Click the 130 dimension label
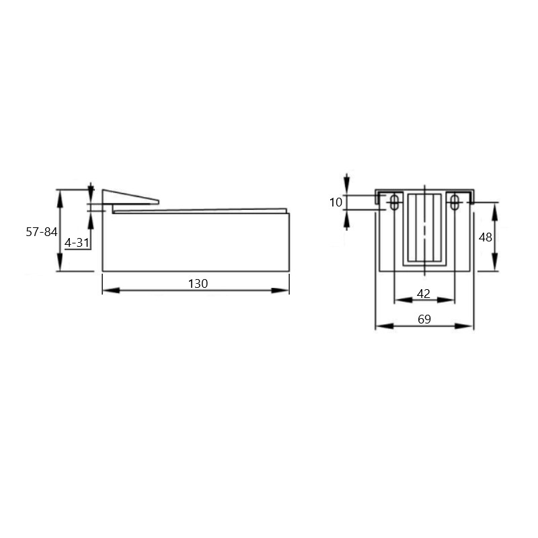[x=198, y=284]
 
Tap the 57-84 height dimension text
[x=42, y=232]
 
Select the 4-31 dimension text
[x=77, y=243]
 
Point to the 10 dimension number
[x=336, y=202]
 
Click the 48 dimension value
[x=485, y=237]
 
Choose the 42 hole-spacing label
[x=424, y=294]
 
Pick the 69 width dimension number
[x=424, y=319]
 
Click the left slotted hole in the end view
[x=395, y=202]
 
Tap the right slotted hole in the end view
[x=455, y=202]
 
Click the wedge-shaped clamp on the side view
[x=130, y=197]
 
